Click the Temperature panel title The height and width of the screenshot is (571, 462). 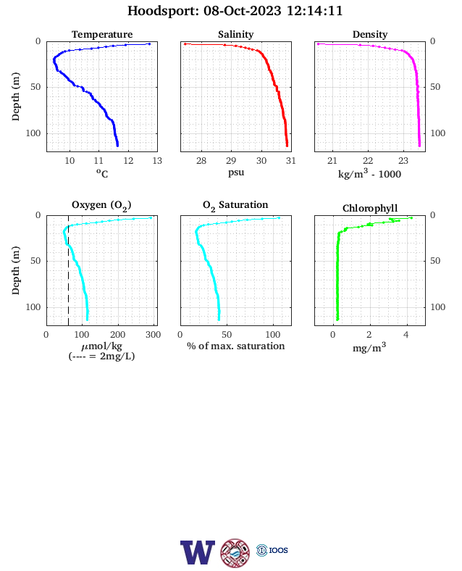(x=102, y=34)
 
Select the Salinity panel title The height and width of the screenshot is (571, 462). (x=236, y=34)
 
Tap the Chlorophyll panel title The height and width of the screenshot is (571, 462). (x=370, y=208)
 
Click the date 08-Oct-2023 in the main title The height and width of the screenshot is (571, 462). (x=243, y=11)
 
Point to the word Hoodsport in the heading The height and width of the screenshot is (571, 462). (x=163, y=11)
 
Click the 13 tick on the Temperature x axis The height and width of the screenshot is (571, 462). (x=157, y=161)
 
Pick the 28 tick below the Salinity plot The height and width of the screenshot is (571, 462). (x=201, y=161)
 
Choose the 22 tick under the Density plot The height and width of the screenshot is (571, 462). (x=368, y=161)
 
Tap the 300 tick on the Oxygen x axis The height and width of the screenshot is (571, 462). (x=153, y=335)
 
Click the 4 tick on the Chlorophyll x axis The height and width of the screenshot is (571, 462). (x=406, y=335)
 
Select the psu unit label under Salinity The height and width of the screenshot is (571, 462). (x=236, y=172)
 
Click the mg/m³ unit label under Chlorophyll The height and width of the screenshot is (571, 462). (x=369, y=347)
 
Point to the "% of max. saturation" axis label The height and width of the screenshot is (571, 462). (x=236, y=346)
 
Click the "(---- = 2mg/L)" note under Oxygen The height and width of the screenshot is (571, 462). (x=101, y=356)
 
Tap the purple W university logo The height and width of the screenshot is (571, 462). (x=198, y=552)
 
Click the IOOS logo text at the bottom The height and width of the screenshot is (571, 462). (x=278, y=550)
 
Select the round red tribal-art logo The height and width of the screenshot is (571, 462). (x=235, y=553)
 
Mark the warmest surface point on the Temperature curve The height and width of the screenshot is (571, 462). (x=149, y=44)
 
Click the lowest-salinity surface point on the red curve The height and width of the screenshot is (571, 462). (x=185, y=44)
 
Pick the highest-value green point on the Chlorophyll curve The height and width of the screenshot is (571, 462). (x=411, y=218)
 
